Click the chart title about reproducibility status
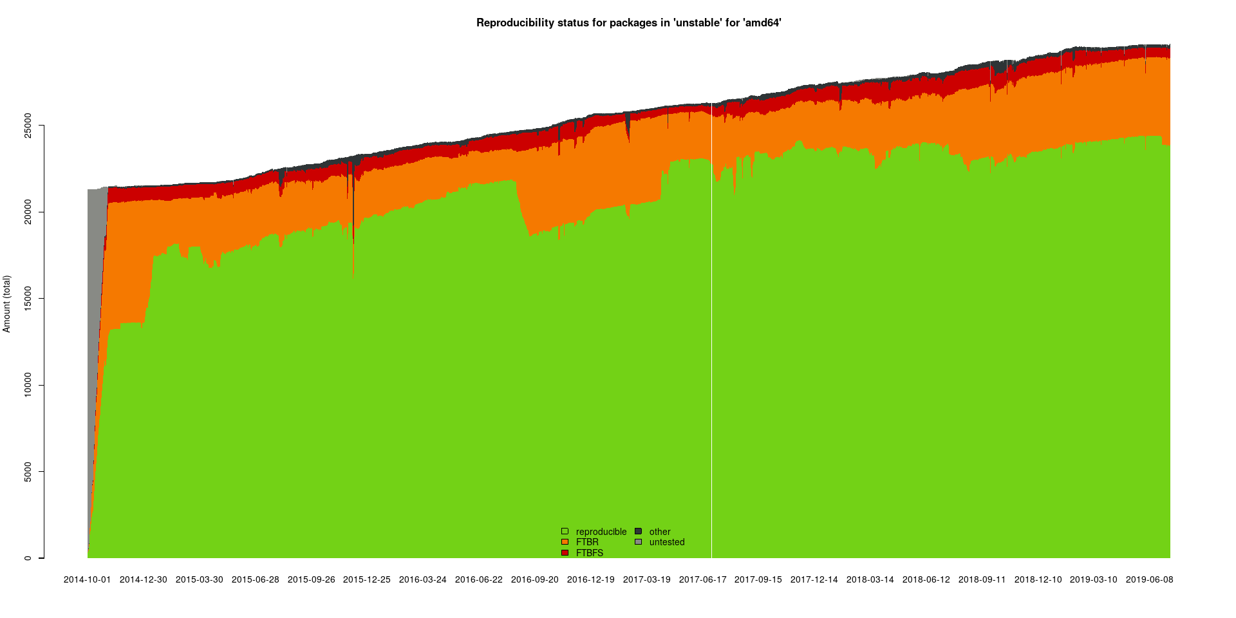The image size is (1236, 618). pos(628,23)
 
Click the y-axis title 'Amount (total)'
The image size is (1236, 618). pos(7,304)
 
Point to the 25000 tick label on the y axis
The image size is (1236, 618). pos(28,126)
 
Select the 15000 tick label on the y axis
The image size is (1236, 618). pos(28,299)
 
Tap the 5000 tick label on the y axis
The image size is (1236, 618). pos(28,472)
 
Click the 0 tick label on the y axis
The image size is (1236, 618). pos(28,558)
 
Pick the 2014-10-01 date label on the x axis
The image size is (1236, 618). pos(87,579)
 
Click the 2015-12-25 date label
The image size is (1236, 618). pos(366,579)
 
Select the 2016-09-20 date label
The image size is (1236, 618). pos(534,579)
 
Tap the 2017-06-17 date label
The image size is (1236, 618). pos(702,579)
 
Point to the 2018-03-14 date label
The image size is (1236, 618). pos(870,579)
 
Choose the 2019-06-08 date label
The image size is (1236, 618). pos(1149,579)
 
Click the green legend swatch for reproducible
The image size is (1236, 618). pos(565,532)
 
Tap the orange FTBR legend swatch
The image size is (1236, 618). pos(565,542)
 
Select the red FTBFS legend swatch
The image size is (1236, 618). pos(565,553)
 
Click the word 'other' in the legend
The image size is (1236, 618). pos(659,532)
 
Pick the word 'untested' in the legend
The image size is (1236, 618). pos(666,542)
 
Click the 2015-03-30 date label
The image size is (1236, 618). pos(199,579)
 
